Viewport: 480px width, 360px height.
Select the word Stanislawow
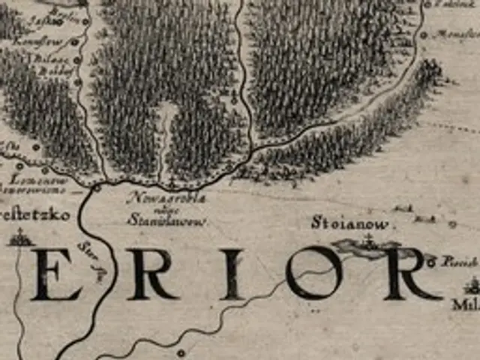click(157, 221)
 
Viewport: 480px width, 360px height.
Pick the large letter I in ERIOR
click(232, 274)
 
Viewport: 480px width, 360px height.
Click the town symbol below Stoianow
click(367, 244)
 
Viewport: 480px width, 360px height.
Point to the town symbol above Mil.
click(472, 286)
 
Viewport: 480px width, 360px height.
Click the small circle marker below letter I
click(180, 352)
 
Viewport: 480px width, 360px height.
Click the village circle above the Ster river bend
click(97, 188)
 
